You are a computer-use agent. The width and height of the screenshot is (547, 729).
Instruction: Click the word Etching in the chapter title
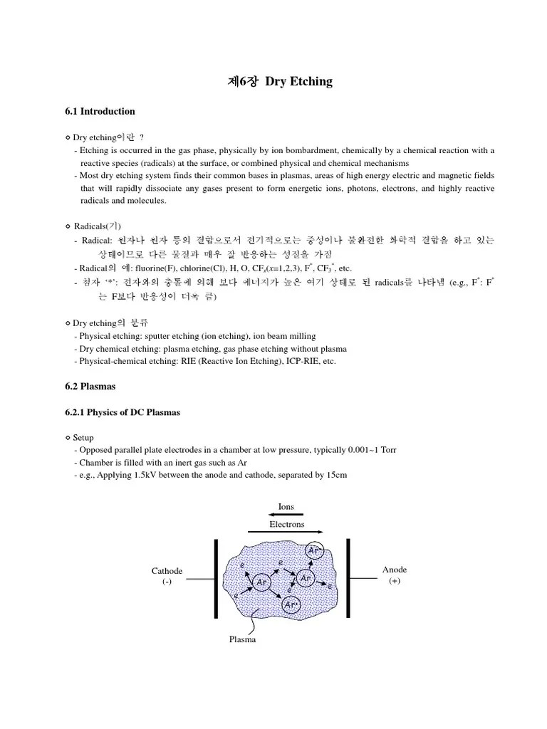309,81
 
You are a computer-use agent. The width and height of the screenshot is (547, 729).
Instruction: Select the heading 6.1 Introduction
100,111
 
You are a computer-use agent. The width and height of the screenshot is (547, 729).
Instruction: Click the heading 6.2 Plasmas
90,387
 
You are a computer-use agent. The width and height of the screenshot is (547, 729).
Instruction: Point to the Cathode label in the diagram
167,571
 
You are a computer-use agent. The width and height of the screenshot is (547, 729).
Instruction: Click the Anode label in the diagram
395,570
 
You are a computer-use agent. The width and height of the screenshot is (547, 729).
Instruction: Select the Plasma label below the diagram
242,639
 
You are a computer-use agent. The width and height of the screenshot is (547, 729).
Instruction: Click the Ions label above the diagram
286,506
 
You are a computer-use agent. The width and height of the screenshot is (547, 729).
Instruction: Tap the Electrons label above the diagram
286,524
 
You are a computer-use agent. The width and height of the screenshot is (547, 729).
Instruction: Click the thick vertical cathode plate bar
216,578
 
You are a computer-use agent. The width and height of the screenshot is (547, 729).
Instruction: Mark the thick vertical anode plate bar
348,578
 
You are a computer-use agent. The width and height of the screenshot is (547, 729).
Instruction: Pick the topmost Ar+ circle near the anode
315,550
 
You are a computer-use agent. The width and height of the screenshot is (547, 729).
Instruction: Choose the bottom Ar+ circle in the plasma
291,604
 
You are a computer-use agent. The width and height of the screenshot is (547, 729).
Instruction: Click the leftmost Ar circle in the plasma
261,581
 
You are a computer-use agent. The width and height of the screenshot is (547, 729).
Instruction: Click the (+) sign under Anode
395,581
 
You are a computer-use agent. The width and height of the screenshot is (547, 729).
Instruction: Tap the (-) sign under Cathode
167,582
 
